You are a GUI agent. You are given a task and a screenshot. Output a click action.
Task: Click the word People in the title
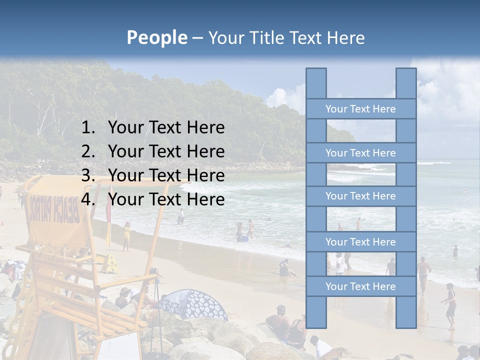click(156, 37)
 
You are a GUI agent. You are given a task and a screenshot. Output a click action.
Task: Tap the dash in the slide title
click(197, 38)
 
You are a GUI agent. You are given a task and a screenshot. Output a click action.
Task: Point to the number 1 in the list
click(87, 128)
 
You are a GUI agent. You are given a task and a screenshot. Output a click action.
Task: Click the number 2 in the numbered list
click(87, 151)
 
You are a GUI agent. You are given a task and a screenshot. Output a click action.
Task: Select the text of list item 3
click(166, 175)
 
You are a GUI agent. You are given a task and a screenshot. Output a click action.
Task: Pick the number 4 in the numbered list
click(87, 199)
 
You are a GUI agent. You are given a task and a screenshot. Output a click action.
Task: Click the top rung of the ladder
click(360, 109)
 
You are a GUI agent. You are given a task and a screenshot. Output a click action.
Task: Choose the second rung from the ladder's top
click(360, 153)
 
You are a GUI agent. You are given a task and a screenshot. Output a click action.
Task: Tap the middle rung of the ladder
click(360, 196)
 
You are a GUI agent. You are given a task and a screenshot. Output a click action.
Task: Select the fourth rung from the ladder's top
click(360, 242)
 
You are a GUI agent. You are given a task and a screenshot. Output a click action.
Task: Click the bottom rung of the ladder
click(360, 286)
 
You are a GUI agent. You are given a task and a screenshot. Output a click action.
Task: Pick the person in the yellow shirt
click(126, 235)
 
